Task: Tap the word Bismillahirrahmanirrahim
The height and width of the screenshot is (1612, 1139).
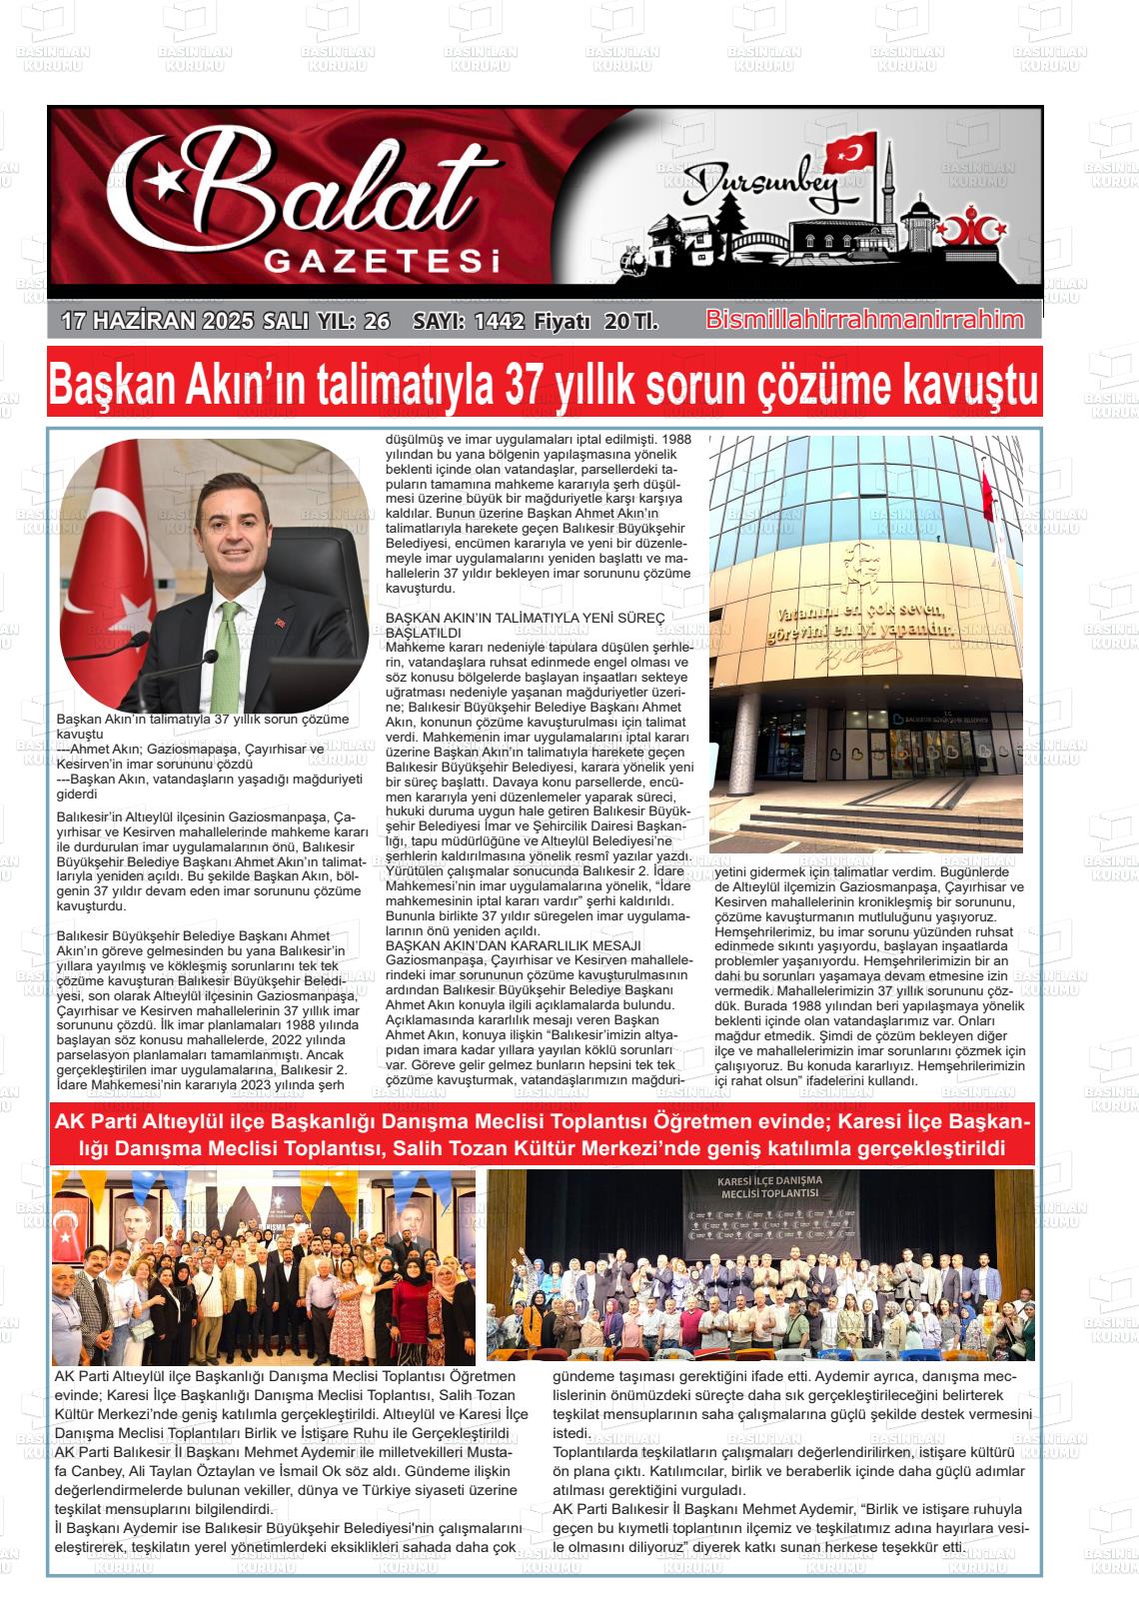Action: pos(864,320)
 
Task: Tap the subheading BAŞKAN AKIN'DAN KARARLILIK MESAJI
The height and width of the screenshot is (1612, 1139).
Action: pos(514,944)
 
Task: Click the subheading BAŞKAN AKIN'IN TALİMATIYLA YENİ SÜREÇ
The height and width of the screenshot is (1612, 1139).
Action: pos(525,620)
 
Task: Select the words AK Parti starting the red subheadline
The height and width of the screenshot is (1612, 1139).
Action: pos(96,1122)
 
